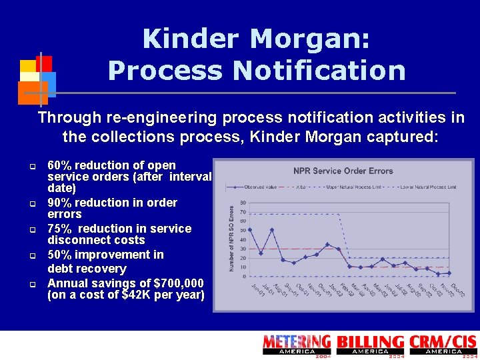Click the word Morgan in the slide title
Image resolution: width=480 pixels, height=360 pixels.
coord(309,39)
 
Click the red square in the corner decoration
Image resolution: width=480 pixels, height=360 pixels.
coord(44,63)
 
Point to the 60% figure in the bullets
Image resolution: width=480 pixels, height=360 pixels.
coord(61,165)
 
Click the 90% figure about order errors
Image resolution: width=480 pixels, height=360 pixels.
coord(61,203)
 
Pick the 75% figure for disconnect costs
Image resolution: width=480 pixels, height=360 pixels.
coord(61,229)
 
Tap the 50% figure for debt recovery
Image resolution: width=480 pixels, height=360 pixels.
coord(61,255)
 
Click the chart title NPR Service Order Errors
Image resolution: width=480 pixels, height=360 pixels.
coord(343,171)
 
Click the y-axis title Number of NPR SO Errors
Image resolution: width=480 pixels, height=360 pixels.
coord(232,238)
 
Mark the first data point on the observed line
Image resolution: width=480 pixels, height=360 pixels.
coord(250,230)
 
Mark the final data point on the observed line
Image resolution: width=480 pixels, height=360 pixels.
coord(449,273)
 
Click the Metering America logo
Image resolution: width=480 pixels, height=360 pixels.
coord(297,345)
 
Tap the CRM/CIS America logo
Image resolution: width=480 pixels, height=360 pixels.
coord(443,345)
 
